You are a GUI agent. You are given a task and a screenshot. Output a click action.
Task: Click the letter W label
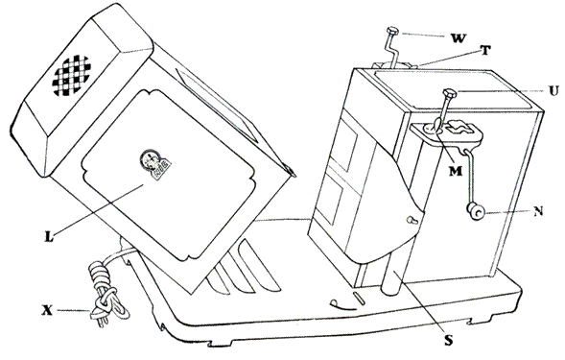tap(458, 37)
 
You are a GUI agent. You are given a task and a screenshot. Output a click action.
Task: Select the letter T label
tap(485, 51)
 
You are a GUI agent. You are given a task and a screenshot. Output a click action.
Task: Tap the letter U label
tap(553, 90)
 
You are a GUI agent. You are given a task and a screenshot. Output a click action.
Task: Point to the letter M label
tap(456, 171)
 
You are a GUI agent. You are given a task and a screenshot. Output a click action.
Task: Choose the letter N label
tap(538, 211)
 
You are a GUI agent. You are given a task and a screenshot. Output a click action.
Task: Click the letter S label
tap(448, 340)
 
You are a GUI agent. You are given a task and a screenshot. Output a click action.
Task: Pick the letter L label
tap(49, 236)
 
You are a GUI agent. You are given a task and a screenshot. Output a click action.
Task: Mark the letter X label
tap(47, 311)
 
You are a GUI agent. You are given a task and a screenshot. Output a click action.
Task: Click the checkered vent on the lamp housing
tap(71, 76)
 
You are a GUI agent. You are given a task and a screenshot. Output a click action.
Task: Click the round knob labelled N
tap(476, 211)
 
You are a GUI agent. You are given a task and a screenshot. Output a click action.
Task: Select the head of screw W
tap(391, 30)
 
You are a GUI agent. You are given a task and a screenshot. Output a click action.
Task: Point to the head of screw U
tap(450, 93)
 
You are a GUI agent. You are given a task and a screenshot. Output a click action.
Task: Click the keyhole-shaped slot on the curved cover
tap(412, 219)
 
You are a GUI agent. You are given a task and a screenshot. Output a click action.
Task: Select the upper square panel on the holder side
tap(343, 145)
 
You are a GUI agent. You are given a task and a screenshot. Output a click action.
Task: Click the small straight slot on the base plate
tap(360, 299)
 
